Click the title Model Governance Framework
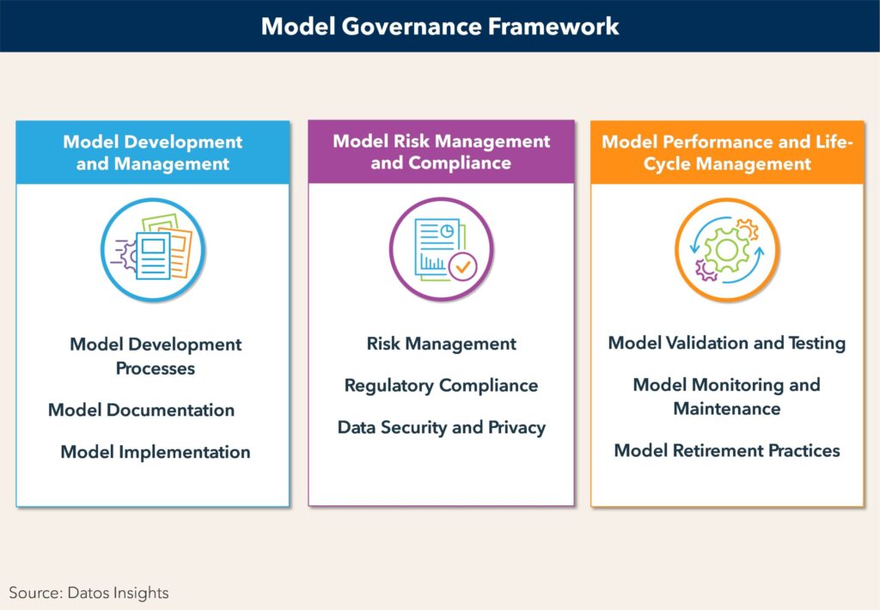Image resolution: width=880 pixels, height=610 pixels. click(x=440, y=27)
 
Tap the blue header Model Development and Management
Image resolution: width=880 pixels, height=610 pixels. click(x=153, y=153)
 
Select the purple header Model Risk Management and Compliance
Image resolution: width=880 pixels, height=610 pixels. click(x=441, y=151)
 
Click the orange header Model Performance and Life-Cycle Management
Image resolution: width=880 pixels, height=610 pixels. click(x=727, y=153)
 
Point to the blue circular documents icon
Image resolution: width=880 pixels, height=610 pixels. click(x=153, y=250)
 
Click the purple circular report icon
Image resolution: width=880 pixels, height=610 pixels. click(x=441, y=248)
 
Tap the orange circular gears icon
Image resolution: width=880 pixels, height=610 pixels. click(x=727, y=250)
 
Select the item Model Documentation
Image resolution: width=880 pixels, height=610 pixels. click(x=142, y=410)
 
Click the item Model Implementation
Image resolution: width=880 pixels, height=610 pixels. click(x=156, y=452)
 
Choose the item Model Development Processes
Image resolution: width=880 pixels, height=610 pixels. click(x=156, y=357)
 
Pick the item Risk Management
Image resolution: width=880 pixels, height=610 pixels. click(x=441, y=344)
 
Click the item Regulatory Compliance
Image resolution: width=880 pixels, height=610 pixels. click(x=441, y=386)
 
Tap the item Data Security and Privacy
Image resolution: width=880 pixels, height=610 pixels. click(x=441, y=428)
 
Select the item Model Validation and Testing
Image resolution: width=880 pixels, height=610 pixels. click(x=727, y=343)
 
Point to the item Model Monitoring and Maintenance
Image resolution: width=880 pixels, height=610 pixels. click(x=727, y=397)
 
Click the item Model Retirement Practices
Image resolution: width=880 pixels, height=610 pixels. click(x=727, y=450)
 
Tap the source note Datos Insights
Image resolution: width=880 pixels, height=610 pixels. click(x=89, y=593)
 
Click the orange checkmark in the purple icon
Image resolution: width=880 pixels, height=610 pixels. click(x=463, y=266)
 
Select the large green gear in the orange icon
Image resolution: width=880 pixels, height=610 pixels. click(x=726, y=250)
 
